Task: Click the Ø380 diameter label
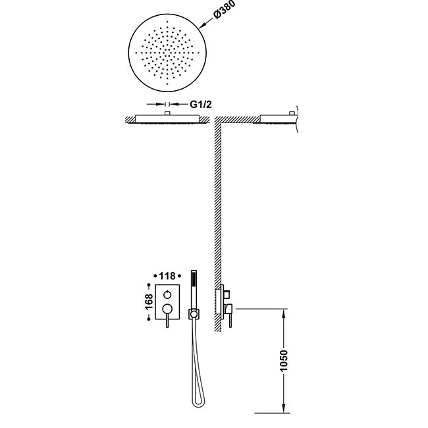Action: tap(225, 10)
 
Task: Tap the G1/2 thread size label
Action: tap(201, 104)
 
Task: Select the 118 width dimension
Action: tap(167, 277)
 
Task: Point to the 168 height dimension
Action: tap(149, 302)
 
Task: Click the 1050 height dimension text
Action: tap(284, 361)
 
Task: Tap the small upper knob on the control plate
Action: tap(167, 295)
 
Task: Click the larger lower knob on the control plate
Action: tap(167, 308)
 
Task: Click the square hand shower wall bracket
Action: tap(194, 314)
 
